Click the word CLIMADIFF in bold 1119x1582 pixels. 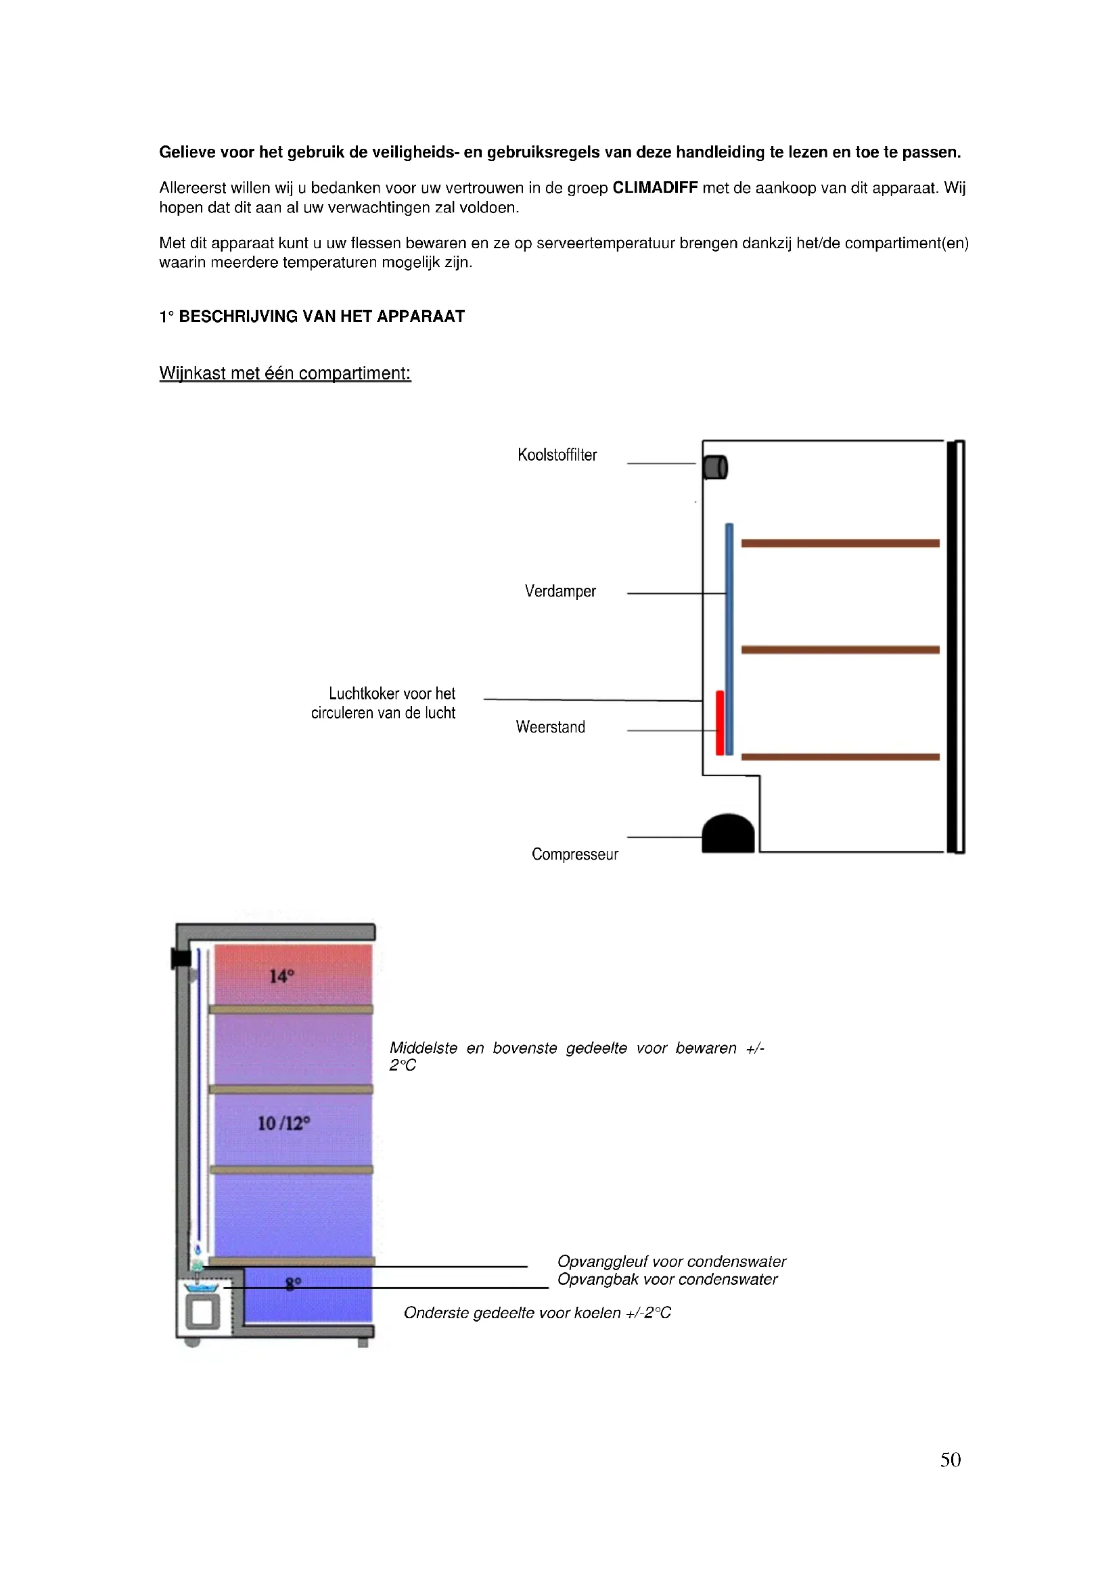click(x=655, y=187)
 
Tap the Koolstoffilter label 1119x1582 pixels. click(x=557, y=455)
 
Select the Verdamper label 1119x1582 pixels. click(x=559, y=591)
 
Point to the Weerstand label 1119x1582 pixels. click(x=550, y=727)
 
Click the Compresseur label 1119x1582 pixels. click(x=574, y=854)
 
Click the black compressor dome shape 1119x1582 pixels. click(x=728, y=834)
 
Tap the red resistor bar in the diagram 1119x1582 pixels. click(x=719, y=723)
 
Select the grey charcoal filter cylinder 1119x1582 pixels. click(x=715, y=467)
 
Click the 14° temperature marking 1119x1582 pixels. click(x=281, y=977)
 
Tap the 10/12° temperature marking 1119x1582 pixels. click(x=283, y=1124)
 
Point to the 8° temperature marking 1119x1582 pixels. click(x=293, y=1284)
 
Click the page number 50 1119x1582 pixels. click(x=950, y=1460)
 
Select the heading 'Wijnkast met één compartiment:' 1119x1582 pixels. click(x=285, y=373)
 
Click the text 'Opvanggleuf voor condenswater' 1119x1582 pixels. click(x=671, y=1261)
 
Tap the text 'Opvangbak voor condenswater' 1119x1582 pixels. click(x=667, y=1280)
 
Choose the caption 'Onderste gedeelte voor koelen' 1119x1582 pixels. click(x=536, y=1313)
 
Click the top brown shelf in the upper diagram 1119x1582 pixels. click(x=840, y=543)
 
